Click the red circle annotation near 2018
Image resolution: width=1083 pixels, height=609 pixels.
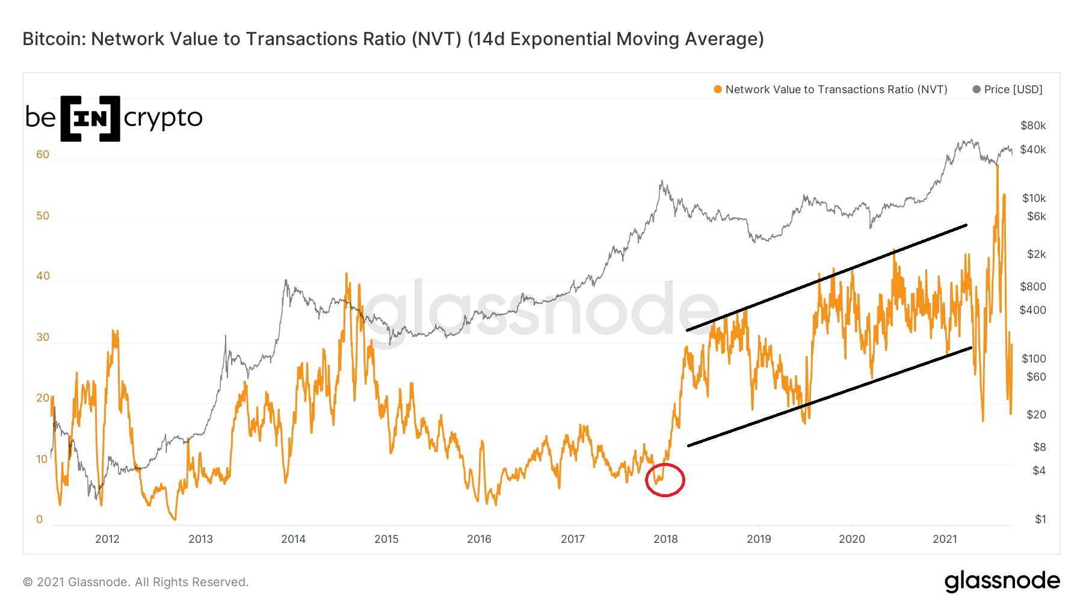pyautogui.click(x=665, y=480)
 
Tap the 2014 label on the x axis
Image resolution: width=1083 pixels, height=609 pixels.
pyautogui.click(x=293, y=539)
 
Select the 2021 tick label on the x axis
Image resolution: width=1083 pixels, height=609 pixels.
pyautogui.click(x=945, y=539)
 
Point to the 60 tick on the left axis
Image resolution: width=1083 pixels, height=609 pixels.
pyautogui.click(x=43, y=155)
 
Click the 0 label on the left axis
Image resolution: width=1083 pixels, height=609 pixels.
pyautogui.click(x=40, y=519)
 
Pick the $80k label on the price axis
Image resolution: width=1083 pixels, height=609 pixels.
pyautogui.click(x=1033, y=126)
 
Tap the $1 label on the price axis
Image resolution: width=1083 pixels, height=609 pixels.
pyautogui.click(x=1040, y=519)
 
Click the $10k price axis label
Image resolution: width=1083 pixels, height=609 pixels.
pyautogui.click(x=1034, y=198)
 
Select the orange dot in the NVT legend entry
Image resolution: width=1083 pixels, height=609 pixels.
pyautogui.click(x=718, y=90)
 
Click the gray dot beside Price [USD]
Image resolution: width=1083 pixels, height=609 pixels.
pyautogui.click(x=977, y=90)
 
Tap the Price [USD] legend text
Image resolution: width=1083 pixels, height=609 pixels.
pyautogui.click(x=1013, y=90)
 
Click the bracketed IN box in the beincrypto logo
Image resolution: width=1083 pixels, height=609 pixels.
pyautogui.click(x=90, y=118)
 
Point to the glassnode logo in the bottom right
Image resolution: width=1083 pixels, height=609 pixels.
pyautogui.click(x=1002, y=581)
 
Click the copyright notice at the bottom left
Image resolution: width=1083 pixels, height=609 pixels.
pyautogui.click(x=135, y=582)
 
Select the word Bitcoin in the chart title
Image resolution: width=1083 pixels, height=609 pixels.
pyautogui.click(x=51, y=39)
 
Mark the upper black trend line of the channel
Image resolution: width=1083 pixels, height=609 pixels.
pyautogui.click(x=827, y=278)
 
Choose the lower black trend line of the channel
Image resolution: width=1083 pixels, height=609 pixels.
pyautogui.click(x=829, y=397)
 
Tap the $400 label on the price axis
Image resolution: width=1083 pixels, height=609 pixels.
pyautogui.click(x=1032, y=310)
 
